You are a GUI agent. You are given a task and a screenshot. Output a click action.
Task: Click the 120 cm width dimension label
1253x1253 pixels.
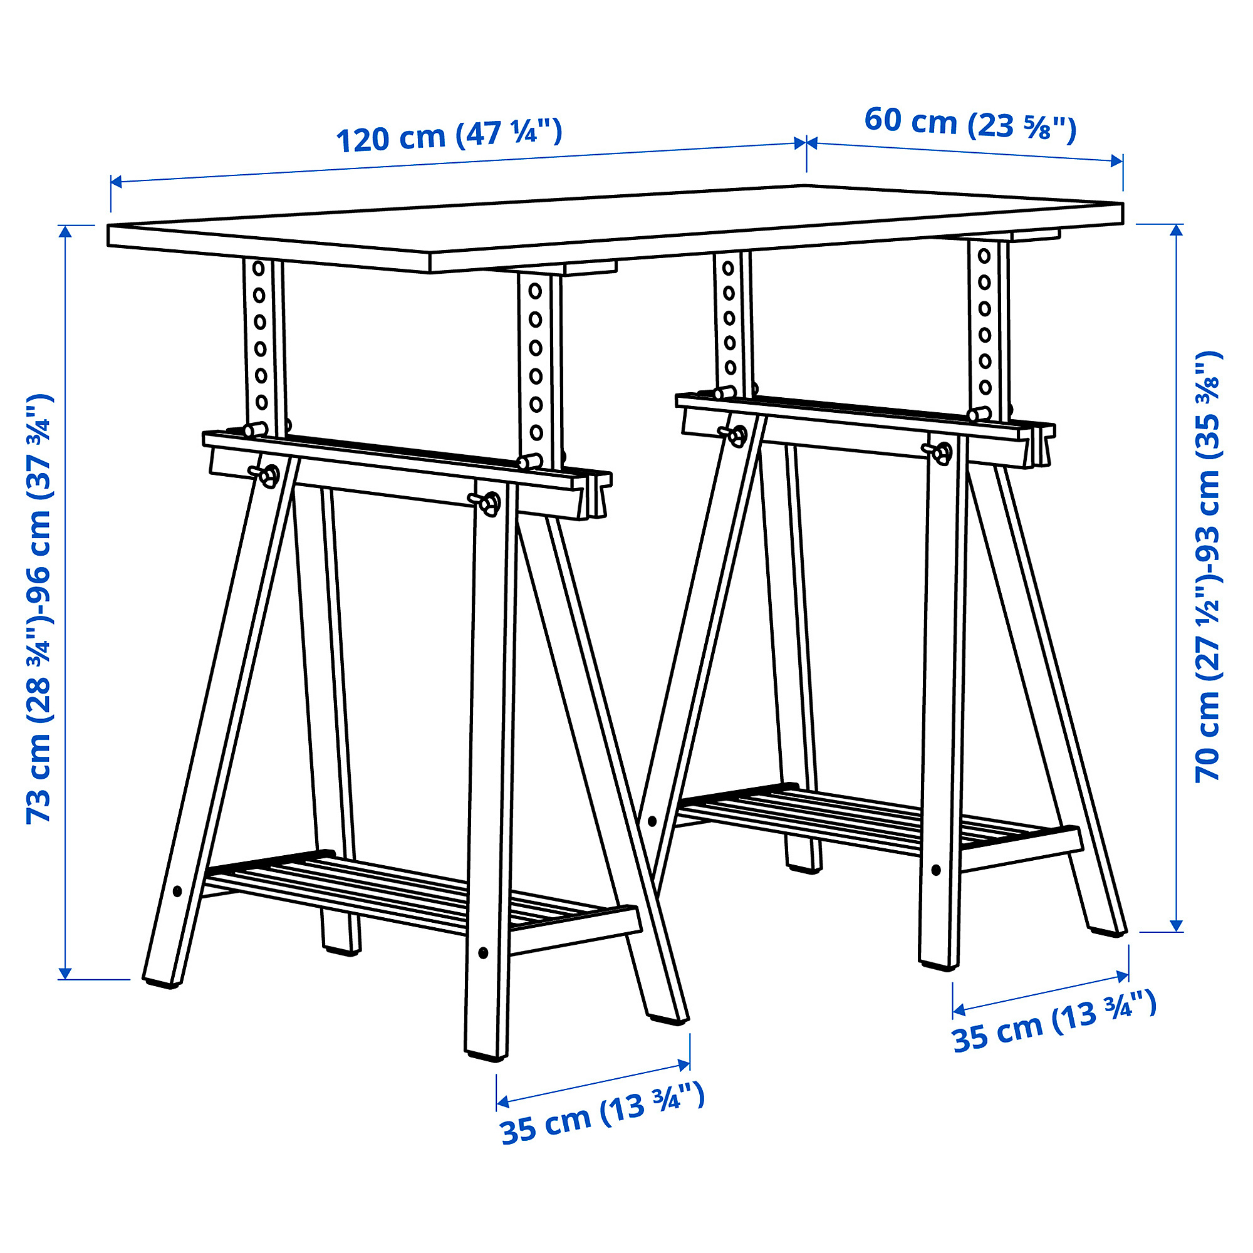point(449,135)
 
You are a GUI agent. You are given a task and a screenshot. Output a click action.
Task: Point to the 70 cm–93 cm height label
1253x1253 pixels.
point(1208,567)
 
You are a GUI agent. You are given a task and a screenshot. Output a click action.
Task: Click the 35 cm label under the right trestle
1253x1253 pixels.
point(1054,1029)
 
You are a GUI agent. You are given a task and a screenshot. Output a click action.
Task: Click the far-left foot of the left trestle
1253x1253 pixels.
point(162,981)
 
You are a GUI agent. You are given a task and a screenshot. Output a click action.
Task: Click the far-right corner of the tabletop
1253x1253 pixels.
point(1123,204)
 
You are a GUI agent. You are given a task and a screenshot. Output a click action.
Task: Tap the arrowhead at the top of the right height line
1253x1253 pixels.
point(1177,231)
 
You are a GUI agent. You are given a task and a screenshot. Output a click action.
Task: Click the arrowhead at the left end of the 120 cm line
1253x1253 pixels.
point(117,182)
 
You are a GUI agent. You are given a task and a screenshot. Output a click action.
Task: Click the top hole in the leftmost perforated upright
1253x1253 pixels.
point(259,268)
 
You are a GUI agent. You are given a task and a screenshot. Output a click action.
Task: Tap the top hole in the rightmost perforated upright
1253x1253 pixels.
point(984,256)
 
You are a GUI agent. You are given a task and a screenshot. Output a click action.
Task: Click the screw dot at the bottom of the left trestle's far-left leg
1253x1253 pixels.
point(178,891)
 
